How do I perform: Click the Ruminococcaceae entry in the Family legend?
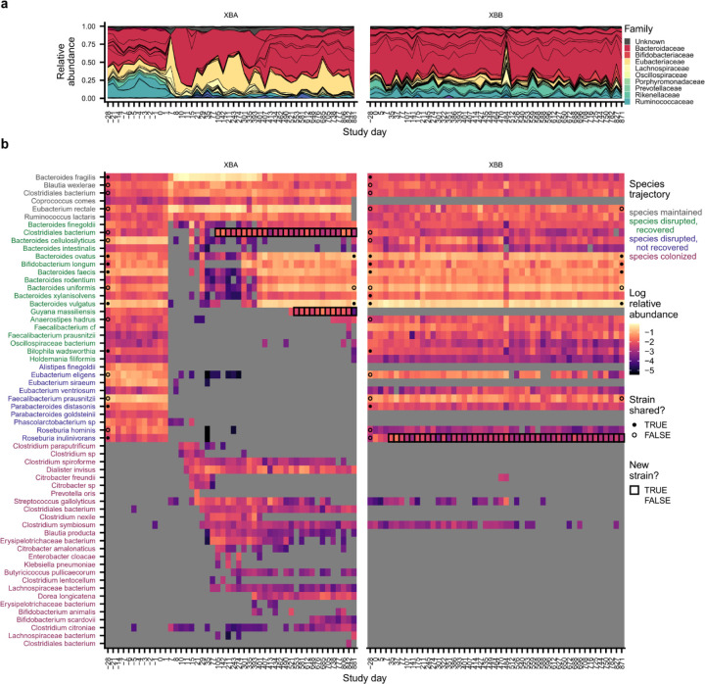659,102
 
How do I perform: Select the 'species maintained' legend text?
664,212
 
